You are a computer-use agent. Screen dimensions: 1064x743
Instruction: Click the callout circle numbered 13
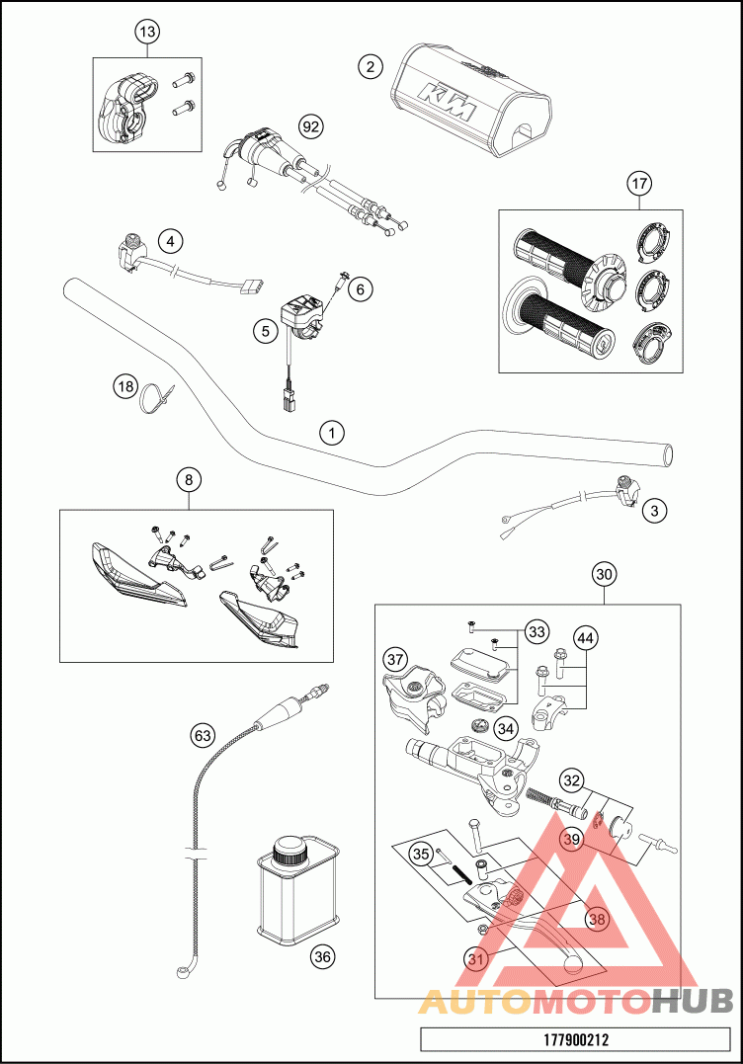pyautogui.click(x=146, y=33)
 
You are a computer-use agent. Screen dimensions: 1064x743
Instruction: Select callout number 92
pyautogui.click(x=311, y=126)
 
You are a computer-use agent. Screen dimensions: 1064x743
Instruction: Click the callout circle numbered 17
pyautogui.click(x=639, y=183)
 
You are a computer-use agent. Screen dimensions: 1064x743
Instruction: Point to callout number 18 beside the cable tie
pyautogui.click(x=124, y=386)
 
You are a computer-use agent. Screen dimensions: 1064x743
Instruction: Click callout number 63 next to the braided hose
pyautogui.click(x=203, y=735)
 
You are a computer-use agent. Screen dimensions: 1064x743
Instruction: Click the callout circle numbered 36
pyautogui.click(x=321, y=955)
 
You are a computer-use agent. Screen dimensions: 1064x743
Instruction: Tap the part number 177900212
pyautogui.click(x=576, y=1039)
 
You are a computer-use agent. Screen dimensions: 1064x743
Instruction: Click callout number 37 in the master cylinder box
pyautogui.click(x=396, y=659)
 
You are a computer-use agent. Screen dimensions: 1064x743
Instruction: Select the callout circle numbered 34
pyautogui.click(x=506, y=728)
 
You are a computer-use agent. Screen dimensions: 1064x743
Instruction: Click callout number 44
pyautogui.click(x=585, y=639)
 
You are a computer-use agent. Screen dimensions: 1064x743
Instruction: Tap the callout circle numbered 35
pyautogui.click(x=421, y=854)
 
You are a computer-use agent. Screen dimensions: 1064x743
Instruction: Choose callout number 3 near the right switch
pyautogui.click(x=654, y=511)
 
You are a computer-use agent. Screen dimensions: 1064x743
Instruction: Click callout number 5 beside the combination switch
pyautogui.click(x=264, y=331)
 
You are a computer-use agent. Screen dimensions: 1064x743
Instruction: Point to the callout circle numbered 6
pyautogui.click(x=360, y=288)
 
